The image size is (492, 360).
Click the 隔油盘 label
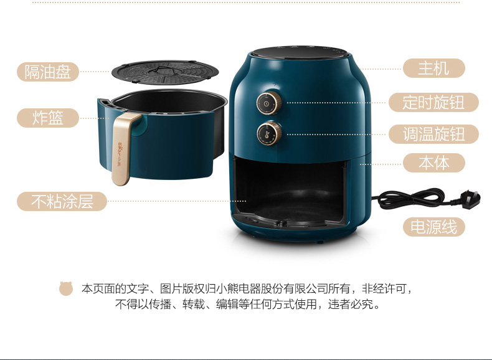(x=48, y=72)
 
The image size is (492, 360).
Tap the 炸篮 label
(x=48, y=118)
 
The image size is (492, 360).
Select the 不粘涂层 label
(x=62, y=201)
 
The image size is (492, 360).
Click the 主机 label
(x=433, y=68)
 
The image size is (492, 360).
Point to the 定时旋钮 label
(x=433, y=102)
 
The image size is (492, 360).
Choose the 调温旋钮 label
(x=433, y=134)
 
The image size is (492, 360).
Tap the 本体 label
(x=433, y=163)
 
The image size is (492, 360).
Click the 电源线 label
(x=433, y=227)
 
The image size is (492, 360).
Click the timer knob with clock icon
(x=269, y=103)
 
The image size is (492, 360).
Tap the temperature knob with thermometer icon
(x=269, y=133)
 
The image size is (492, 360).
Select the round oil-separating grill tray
(x=166, y=73)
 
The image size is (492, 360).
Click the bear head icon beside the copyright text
(x=66, y=288)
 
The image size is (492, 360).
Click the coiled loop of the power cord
(x=412, y=198)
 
